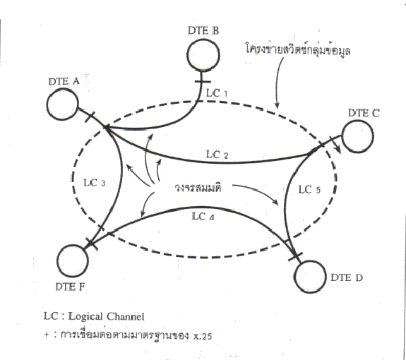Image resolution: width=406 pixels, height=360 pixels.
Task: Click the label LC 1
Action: click(x=217, y=93)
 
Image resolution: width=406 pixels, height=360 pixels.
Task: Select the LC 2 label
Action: click(x=217, y=155)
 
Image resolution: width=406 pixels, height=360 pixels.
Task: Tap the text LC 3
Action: click(x=94, y=183)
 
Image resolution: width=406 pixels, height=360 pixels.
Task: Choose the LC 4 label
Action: click(x=203, y=217)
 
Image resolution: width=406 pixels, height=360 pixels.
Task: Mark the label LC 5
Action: click(x=309, y=190)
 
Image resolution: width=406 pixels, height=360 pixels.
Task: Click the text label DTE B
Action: click(x=203, y=30)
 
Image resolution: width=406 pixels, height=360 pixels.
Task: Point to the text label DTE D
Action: click(x=347, y=277)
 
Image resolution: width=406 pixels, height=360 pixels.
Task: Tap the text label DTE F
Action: click(x=70, y=287)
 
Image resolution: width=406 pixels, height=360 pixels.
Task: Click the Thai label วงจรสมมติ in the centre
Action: click(x=198, y=188)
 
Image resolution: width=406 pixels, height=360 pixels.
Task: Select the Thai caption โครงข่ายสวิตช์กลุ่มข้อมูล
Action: click(x=298, y=49)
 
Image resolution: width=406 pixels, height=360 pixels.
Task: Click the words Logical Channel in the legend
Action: click(x=106, y=316)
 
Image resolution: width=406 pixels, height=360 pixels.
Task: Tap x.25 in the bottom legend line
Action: click(x=203, y=336)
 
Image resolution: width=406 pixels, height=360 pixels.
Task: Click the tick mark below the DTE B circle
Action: click(x=202, y=81)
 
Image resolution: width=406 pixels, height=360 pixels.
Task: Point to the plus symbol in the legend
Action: click(x=47, y=335)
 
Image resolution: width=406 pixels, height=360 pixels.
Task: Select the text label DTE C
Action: click(x=364, y=113)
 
